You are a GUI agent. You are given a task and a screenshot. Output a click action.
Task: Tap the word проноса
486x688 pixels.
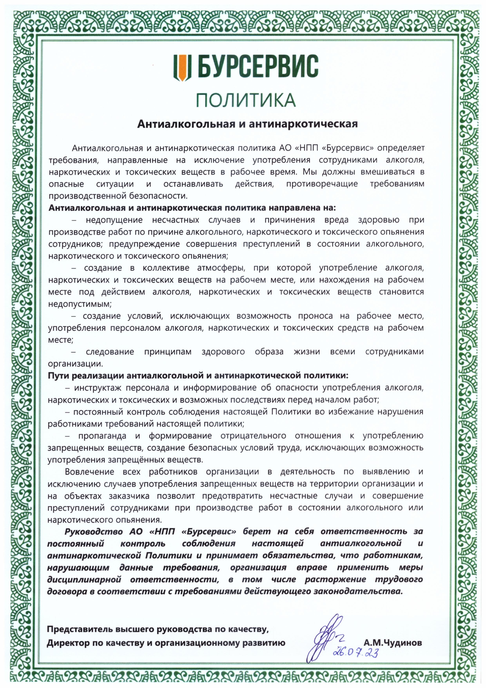318,316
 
